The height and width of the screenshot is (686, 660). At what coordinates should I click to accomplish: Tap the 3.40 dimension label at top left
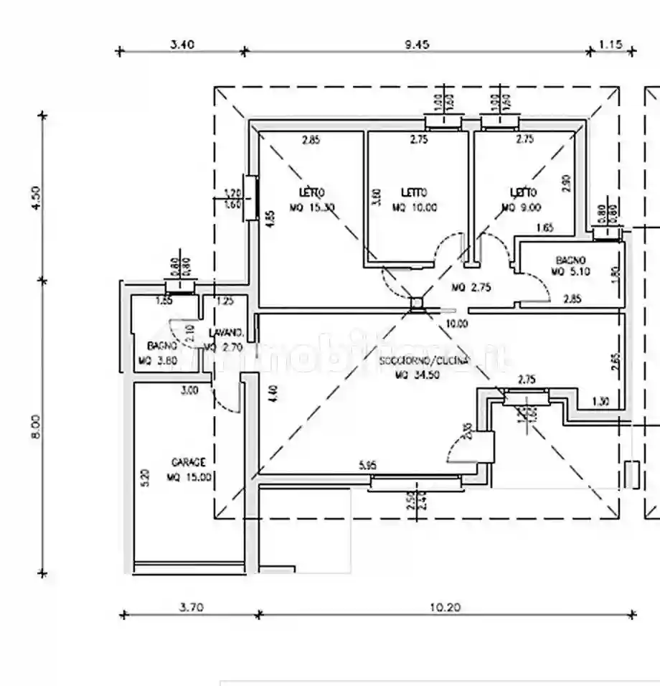pyautogui.click(x=181, y=44)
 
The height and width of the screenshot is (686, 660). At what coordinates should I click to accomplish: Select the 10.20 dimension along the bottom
pyautogui.click(x=445, y=607)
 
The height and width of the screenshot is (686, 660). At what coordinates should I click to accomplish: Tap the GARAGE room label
pyautogui.click(x=189, y=462)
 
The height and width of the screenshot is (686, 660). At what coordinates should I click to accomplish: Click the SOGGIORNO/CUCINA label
pyautogui.click(x=424, y=361)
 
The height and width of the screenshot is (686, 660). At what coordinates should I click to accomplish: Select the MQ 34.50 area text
pyautogui.click(x=424, y=375)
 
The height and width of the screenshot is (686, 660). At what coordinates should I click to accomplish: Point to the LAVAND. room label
pyautogui.click(x=227, y=333)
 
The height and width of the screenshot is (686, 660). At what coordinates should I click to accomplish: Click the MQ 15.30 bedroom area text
pyautogui.click(x=313, y=208)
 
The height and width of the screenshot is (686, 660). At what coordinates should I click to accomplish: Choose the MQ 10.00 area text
pyautogui.click(x=415, y=208)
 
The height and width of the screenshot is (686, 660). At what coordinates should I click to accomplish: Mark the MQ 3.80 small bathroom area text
pyautogui.click(x=156, y=361)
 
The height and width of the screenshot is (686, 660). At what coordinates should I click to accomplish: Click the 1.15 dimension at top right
pyautogui.click(x=610, y=44)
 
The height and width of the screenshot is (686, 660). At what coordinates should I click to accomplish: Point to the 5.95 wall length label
pyautogui.click(x=368, y=465)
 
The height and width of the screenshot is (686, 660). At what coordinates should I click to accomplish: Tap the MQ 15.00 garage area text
pyautogui.click(x=189, y=476)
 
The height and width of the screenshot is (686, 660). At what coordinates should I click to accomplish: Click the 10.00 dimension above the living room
pyautogui.click(x=456, y=324)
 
